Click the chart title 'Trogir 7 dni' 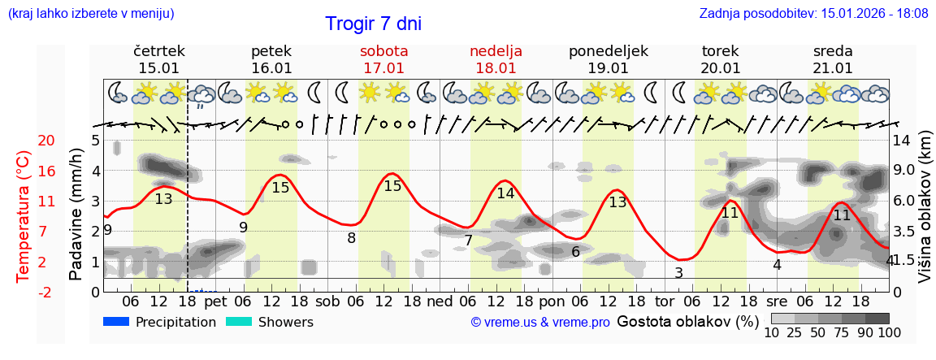click(373, 24)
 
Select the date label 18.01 click(496, 68)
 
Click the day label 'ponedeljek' click(608, 51)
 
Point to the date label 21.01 click(833, 68)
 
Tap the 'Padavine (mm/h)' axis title click(76, 215)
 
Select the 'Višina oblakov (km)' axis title click(925, 215)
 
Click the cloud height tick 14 click(903, 141)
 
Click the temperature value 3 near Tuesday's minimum click(678, 273)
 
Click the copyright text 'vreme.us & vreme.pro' click(540, 323)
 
